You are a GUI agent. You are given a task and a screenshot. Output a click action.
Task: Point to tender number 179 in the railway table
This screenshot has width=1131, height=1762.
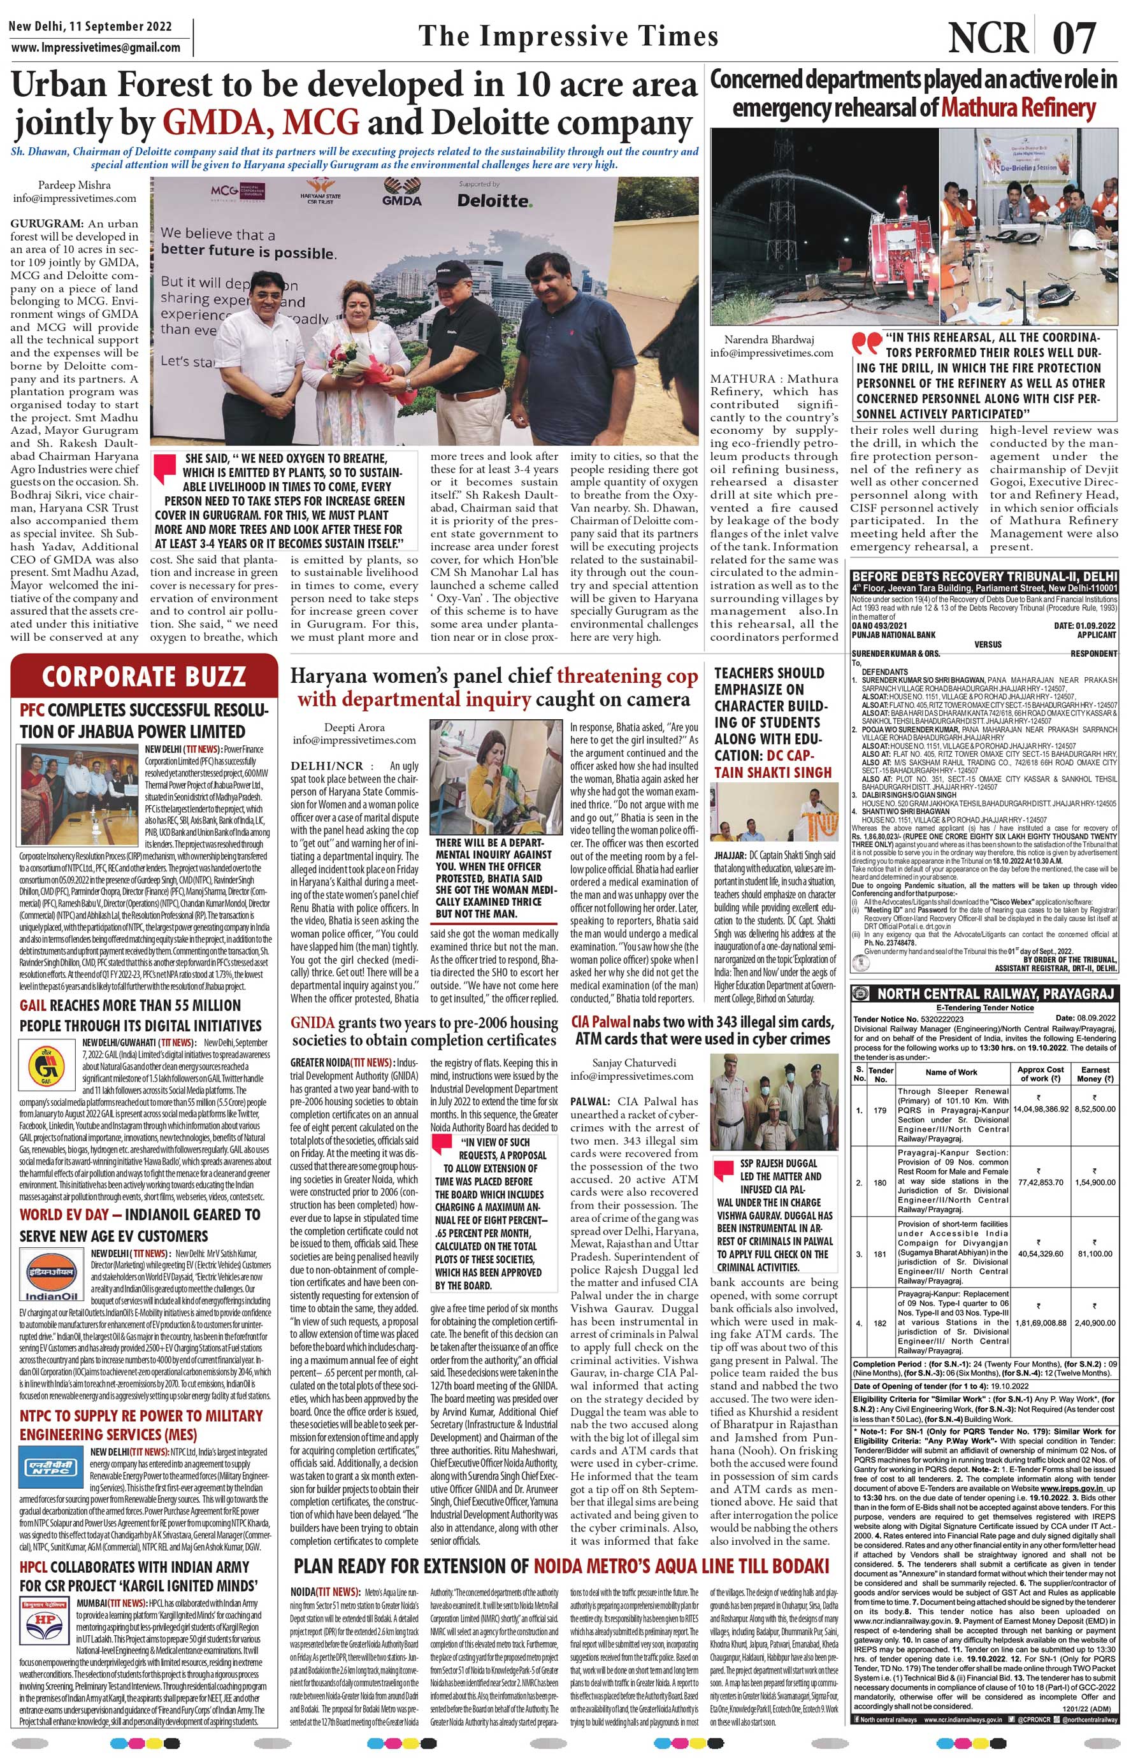click(x=881, y=1110)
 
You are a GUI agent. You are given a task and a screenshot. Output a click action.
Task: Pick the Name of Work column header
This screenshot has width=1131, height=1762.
click(x=951, y=1072)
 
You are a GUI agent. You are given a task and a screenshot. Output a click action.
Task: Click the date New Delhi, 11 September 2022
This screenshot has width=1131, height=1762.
click(x=90, y=26)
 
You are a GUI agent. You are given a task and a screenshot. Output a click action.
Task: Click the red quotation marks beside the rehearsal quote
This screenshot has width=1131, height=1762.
click(x=867, y=343)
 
